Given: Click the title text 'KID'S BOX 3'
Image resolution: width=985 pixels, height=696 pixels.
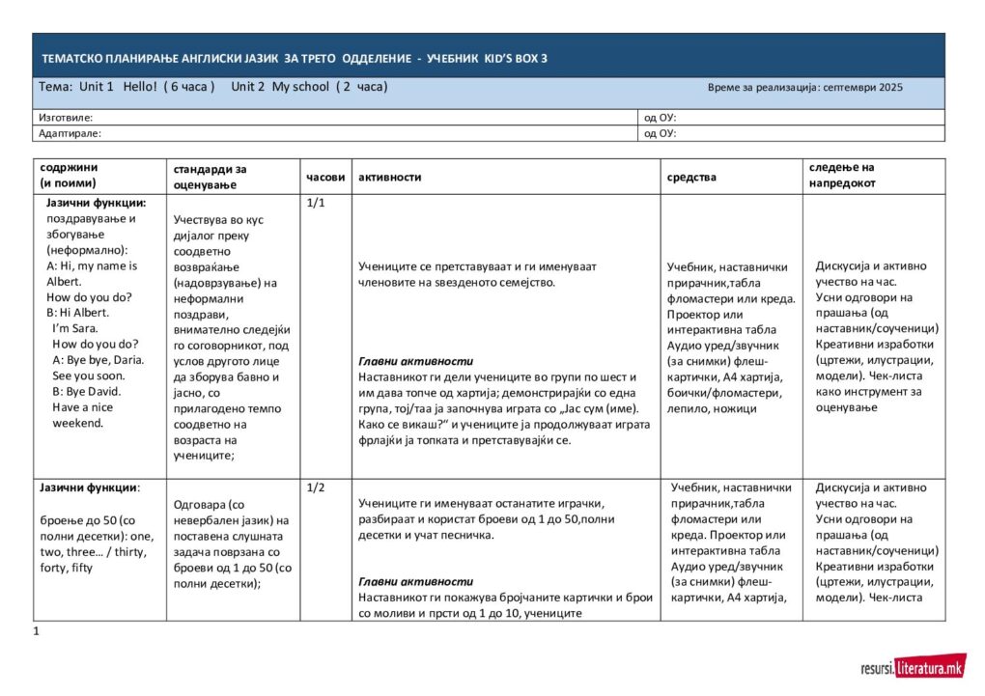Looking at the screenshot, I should coord(514,59).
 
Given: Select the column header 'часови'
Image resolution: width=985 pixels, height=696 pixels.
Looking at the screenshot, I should coord(325,178).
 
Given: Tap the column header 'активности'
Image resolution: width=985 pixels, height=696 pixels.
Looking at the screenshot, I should coord(389,178).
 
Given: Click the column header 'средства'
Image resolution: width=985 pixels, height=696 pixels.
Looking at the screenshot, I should coord(691,178).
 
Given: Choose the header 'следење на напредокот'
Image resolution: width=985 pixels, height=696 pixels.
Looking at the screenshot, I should coord(842,175).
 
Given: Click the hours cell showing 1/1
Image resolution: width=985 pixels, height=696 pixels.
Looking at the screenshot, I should coord(315,204).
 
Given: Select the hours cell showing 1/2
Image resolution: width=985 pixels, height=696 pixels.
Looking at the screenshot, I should coord(315,487).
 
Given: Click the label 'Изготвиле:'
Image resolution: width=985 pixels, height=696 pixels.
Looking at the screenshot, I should coord(66,117).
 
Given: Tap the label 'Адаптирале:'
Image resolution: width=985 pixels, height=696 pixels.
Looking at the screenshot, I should coord(70,133).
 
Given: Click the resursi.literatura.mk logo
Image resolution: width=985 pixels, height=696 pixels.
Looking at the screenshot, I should coord(912,667).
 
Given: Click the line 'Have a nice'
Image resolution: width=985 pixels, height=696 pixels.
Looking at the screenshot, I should coord(81,406).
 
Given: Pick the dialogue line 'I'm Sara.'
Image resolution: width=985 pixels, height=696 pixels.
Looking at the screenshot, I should coord(73,328).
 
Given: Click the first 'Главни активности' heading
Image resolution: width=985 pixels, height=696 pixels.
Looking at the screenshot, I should coord(406,361).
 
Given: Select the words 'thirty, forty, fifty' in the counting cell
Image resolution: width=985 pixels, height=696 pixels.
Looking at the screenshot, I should coord(89,560).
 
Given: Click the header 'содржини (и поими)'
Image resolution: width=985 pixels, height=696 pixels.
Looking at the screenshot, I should coord(69,175).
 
